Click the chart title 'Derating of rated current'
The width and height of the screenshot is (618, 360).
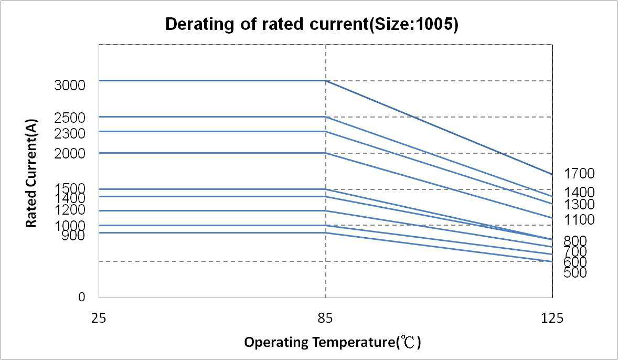tap(312, 24)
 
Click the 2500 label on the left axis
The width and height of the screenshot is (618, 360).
tap(69, 118)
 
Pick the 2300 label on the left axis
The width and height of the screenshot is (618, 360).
tap(69, 134)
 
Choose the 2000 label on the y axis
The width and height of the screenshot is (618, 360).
tap(69, 154)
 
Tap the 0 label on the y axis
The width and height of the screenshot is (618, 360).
tap(81, 297)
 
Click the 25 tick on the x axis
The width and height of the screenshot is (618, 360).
tap(99, 317)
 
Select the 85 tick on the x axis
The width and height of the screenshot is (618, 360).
tap(326, 317)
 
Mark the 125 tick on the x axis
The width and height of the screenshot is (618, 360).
tap(552, 317)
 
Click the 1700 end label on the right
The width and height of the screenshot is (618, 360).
tap(579, 174)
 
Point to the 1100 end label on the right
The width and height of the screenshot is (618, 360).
tap(579, 220)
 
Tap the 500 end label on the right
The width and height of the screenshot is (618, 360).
tap(576, 273)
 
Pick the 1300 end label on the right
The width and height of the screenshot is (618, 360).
tap(579, 205)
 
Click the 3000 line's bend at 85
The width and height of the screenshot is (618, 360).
tap(326, 81)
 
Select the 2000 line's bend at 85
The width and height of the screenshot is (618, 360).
tap(326, 153)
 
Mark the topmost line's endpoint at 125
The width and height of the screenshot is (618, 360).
tap(552, 174)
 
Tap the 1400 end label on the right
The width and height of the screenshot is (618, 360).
tap(579, 193)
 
